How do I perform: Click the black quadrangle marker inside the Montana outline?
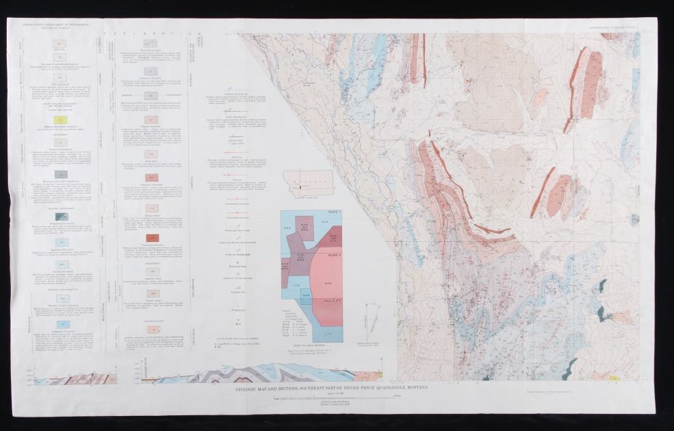pos(299,185)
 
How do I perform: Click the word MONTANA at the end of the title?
pos(415,388)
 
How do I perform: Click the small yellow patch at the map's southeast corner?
pos(614,378)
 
